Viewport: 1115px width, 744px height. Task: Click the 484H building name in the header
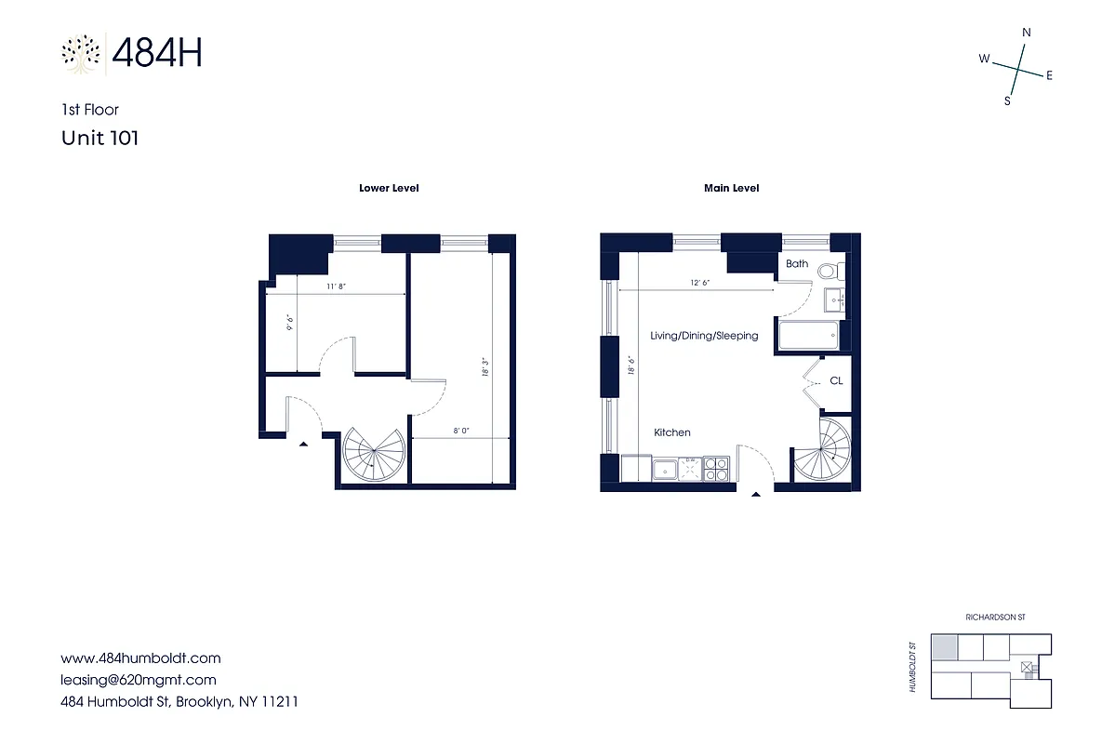(x=156, y=53)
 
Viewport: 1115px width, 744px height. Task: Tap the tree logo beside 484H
(x=82, y=53)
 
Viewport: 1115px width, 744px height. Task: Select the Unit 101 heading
(x=100, y=138)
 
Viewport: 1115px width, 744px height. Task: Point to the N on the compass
(x=1027, y=32)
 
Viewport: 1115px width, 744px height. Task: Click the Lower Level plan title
(x=389, y=188)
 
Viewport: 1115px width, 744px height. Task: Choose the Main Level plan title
(x=731, y=188)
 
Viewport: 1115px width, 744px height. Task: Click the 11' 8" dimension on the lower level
(x=336, y=287)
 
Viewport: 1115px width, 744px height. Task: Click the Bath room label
(x=797, y=264)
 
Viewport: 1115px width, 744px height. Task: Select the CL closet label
(x=836, y=380)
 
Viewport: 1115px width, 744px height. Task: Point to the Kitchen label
(x=672, y=432)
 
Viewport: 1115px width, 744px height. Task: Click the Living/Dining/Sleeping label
(x=704, y=336)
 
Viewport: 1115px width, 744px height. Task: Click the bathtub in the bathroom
(x=809, y=337)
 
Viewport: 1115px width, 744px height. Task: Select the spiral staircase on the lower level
(x=374, y=456)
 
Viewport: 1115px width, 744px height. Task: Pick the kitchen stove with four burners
(x=715, y=469)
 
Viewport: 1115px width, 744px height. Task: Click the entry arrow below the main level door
(x=754, y=494)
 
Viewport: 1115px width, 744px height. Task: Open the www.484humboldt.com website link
(x=140, y=658)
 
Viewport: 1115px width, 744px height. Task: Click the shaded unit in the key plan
(x=944, y=646)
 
